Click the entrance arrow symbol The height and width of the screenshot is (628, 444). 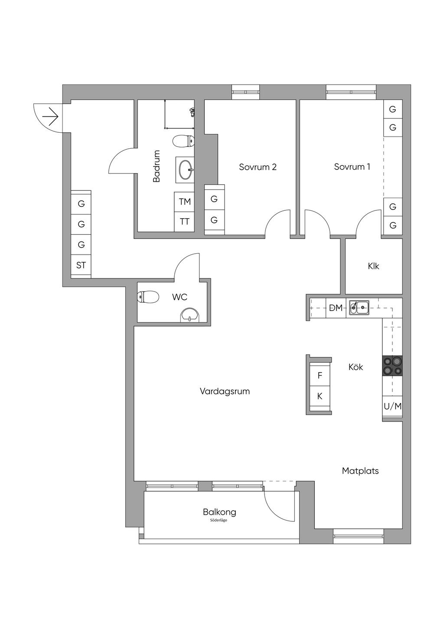pyautogui.click(x=50, y=116)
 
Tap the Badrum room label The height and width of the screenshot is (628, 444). pyautogui.click(x=157, y=166)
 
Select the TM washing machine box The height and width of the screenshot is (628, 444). pyautogui.click(x=185, y=202)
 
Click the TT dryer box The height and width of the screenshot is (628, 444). pyautogui.click(x=185, y=222)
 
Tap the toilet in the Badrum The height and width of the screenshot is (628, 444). pyautogui.click(x=183, y=141)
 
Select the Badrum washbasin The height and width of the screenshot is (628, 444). pyautogui.click(x=186, y=170)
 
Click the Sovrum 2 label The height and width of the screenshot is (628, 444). pyautogui.click(x=258, y=167)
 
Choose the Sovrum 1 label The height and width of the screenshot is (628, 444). pyautogui.click(x=352, y=167)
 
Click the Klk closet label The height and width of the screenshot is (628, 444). pyautogui.click(x=373, y=266)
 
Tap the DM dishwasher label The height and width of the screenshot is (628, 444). pyautogui.click(x=336, y=308)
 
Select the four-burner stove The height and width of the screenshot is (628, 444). pyautogui.click(x=392, y=365)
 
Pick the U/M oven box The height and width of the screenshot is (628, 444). pyautogui.click(x=392, y=406)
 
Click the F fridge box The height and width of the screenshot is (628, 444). pyautogui.click(x=320, y=376)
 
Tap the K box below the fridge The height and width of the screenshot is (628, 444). pyautogui.click(x=320, y=396)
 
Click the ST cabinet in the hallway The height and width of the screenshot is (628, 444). pyautogui.click(x=81, y=265)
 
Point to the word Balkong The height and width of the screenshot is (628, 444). pyautogui.click(x=219, y=512)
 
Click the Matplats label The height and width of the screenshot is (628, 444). pyautogui.click(x=360, y=471)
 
